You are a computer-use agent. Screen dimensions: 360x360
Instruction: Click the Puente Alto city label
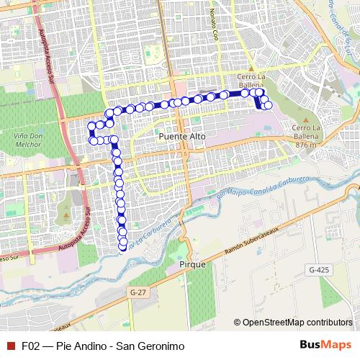[x=181, y=135]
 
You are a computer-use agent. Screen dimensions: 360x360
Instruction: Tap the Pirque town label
[x=192, y=265]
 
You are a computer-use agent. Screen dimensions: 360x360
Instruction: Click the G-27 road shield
[x=139, y=292]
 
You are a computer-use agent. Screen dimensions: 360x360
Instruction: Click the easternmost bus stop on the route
[x=269, y=106]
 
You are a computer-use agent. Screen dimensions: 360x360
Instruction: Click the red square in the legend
[x=10, y=346]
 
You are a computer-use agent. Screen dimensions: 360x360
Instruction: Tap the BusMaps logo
[x=325, y=346]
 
